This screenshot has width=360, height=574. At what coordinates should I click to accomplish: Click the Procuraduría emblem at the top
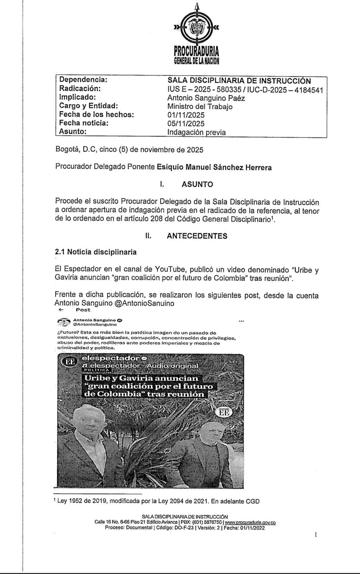pyautogui.click(x=196, y=28)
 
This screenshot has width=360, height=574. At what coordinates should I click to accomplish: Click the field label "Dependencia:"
pyautogui.click(x=83, y=80)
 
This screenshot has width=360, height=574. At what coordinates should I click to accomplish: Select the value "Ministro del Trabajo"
pyautogui.click(x=200, y=107)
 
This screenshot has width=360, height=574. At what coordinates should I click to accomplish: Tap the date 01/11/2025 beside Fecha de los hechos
pyautogui.click(x=186, y=115)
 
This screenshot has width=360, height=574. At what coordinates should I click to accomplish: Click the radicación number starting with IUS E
pyautogui.click(x=245, y=89)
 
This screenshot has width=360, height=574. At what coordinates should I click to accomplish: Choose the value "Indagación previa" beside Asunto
pyautogui.click(x=196, y=132)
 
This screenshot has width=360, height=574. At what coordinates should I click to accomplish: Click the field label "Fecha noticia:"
pyautogui.click(x=84, y=123)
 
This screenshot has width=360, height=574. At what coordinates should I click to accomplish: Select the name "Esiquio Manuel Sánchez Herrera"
pyautogui.click(x=214, y=168)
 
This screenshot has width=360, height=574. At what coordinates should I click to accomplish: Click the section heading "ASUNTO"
pyautogui.click(x=197, y=184)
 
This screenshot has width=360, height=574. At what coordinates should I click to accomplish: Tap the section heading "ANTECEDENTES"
pyautogui.click(x=197, y=236)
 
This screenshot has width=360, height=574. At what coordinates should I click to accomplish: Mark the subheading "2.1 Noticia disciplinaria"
pyautogui.click(x=96, y=252)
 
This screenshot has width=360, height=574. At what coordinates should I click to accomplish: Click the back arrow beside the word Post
pyautogui.click(x=61, y=310)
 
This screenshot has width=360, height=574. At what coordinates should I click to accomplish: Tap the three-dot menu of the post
pyautogui.click(x=241, y=321)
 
